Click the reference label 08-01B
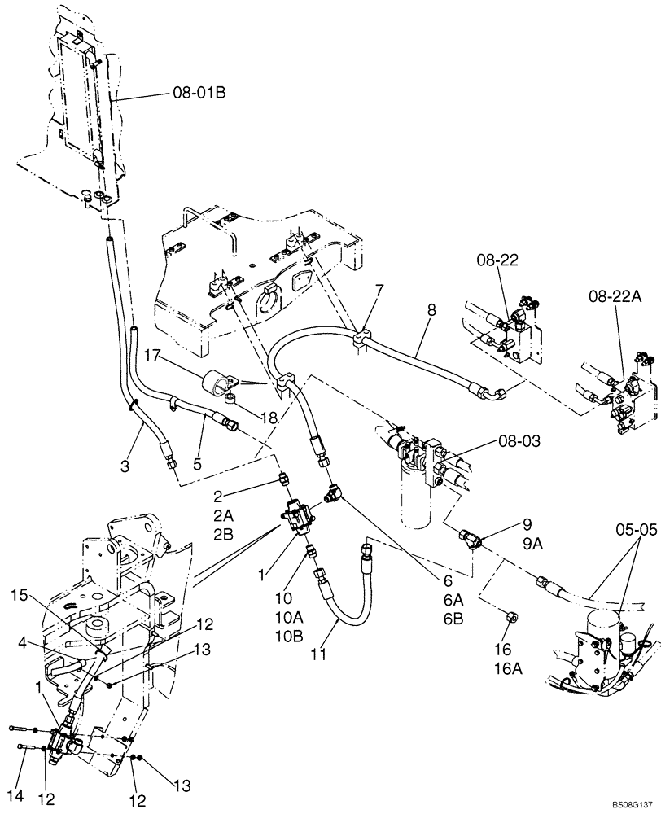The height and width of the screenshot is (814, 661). [x=198, y=94]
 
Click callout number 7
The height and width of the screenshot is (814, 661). [x=379, y=290]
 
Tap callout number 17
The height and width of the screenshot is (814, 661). [x=155, y=355]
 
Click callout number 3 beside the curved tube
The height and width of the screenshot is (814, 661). [x=125, y=466]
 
